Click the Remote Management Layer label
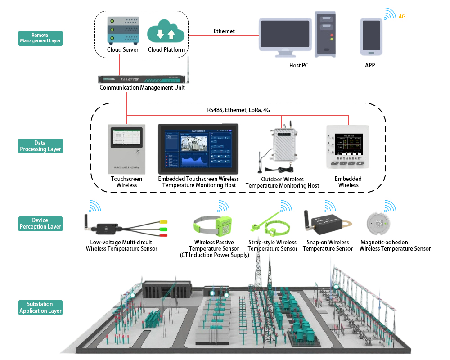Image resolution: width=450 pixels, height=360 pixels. point(40,38)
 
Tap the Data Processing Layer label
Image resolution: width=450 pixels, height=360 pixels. point(40,146)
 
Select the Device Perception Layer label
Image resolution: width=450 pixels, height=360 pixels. point(40,224)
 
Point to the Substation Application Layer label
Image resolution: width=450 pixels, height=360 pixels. point(40,307)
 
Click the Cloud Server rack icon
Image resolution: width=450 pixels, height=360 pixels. point(122,31)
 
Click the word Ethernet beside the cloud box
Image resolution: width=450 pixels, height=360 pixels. point(224,31)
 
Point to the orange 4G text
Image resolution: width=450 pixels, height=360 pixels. point(402,17)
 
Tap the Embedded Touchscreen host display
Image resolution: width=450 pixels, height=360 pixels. point(198,149)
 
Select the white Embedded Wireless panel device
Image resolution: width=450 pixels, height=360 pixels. point(348,147)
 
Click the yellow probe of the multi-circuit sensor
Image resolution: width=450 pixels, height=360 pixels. point(163,221)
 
